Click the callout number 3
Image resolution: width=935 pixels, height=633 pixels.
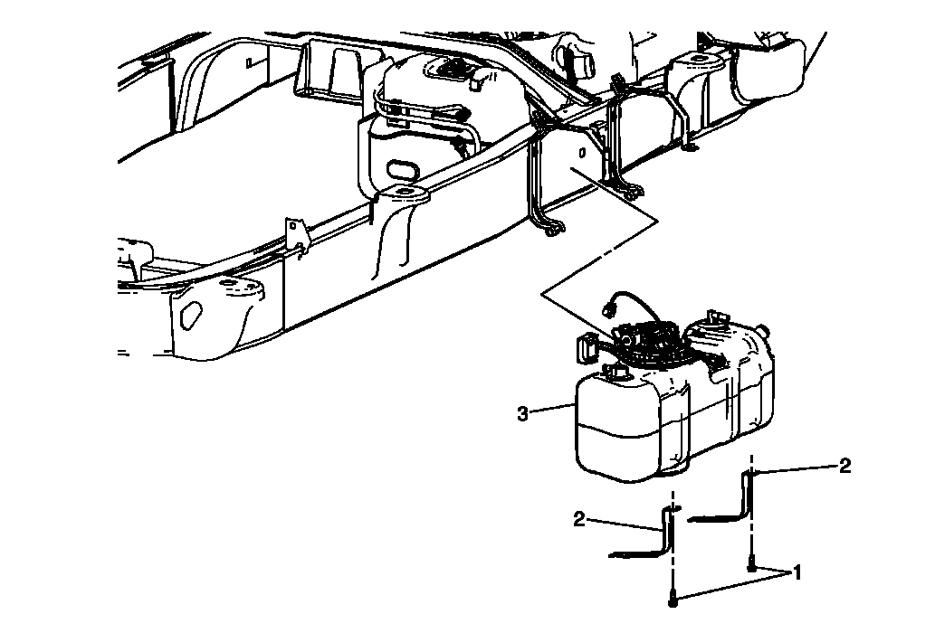point(522,413)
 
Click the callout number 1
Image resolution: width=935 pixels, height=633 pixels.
point(797,572)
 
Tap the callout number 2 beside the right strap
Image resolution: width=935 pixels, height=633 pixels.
point(844,467)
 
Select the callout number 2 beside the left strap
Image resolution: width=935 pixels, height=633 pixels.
point(579,519)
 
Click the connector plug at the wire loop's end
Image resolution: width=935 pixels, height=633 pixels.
point(608,307)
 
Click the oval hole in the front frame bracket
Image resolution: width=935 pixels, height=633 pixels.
point(190,316)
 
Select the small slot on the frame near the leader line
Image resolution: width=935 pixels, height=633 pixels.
point(581,153)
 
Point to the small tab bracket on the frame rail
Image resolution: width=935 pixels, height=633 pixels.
point(295,234)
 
